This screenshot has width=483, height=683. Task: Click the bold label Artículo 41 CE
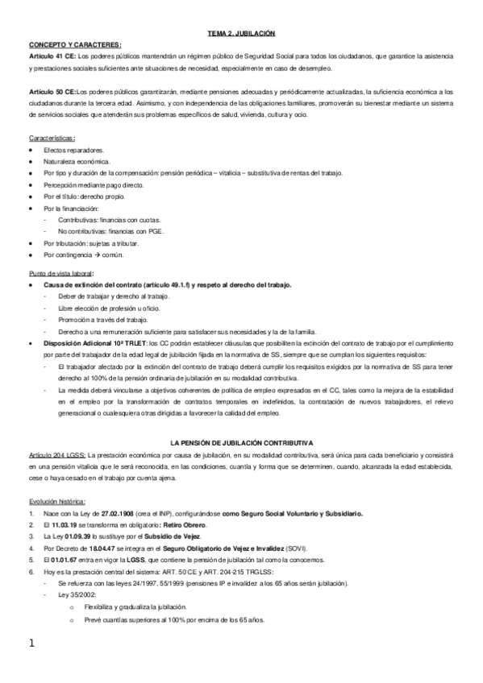coord(52,55)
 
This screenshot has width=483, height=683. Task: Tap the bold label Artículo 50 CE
coord(52,92)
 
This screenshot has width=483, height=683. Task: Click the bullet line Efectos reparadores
coord(74,151)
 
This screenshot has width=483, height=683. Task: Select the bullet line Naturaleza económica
coord(77,162)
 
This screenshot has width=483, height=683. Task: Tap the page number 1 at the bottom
coord(31,644)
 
